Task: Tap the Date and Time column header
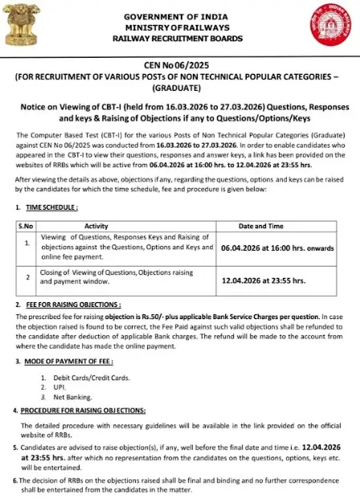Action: coord(276,227)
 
